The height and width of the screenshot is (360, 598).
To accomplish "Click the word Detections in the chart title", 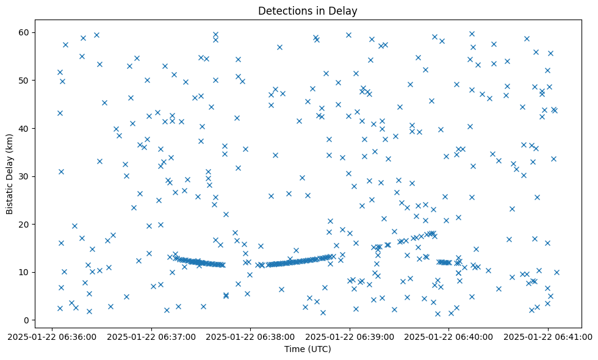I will coord(282,10).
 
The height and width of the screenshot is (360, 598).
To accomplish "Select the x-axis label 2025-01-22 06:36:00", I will coord(51,336).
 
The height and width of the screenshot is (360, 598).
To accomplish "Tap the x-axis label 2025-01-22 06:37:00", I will coord(151,336).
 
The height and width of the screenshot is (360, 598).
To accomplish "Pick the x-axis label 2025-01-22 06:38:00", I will coord(250,336).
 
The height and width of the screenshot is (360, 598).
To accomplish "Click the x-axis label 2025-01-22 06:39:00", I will coord(350,336).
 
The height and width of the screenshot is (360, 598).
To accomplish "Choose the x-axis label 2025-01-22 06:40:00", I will coord(449,336).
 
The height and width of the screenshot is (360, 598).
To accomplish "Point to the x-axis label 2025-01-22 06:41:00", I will coord(548,336).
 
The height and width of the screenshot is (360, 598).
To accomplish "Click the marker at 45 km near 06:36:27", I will coord(104,103).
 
